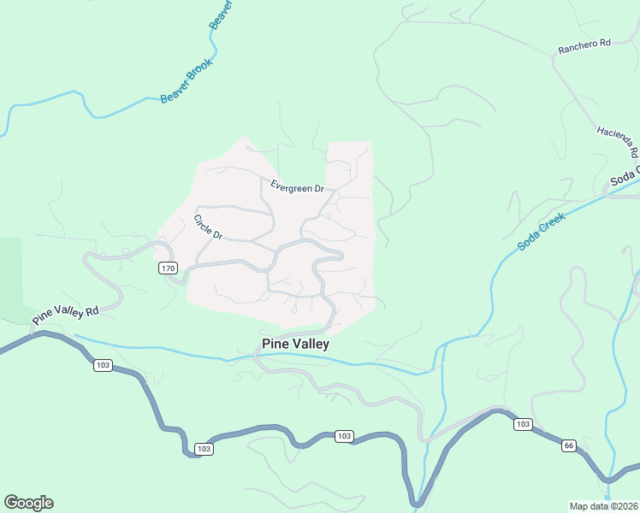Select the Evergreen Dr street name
297,187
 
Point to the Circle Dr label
207,227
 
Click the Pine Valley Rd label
66,314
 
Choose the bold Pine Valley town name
294,344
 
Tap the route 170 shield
168,268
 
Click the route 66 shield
568,445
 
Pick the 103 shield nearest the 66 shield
522,424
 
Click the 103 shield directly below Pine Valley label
343,436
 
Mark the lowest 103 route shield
204,449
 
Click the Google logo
28,503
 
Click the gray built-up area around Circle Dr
231,274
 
